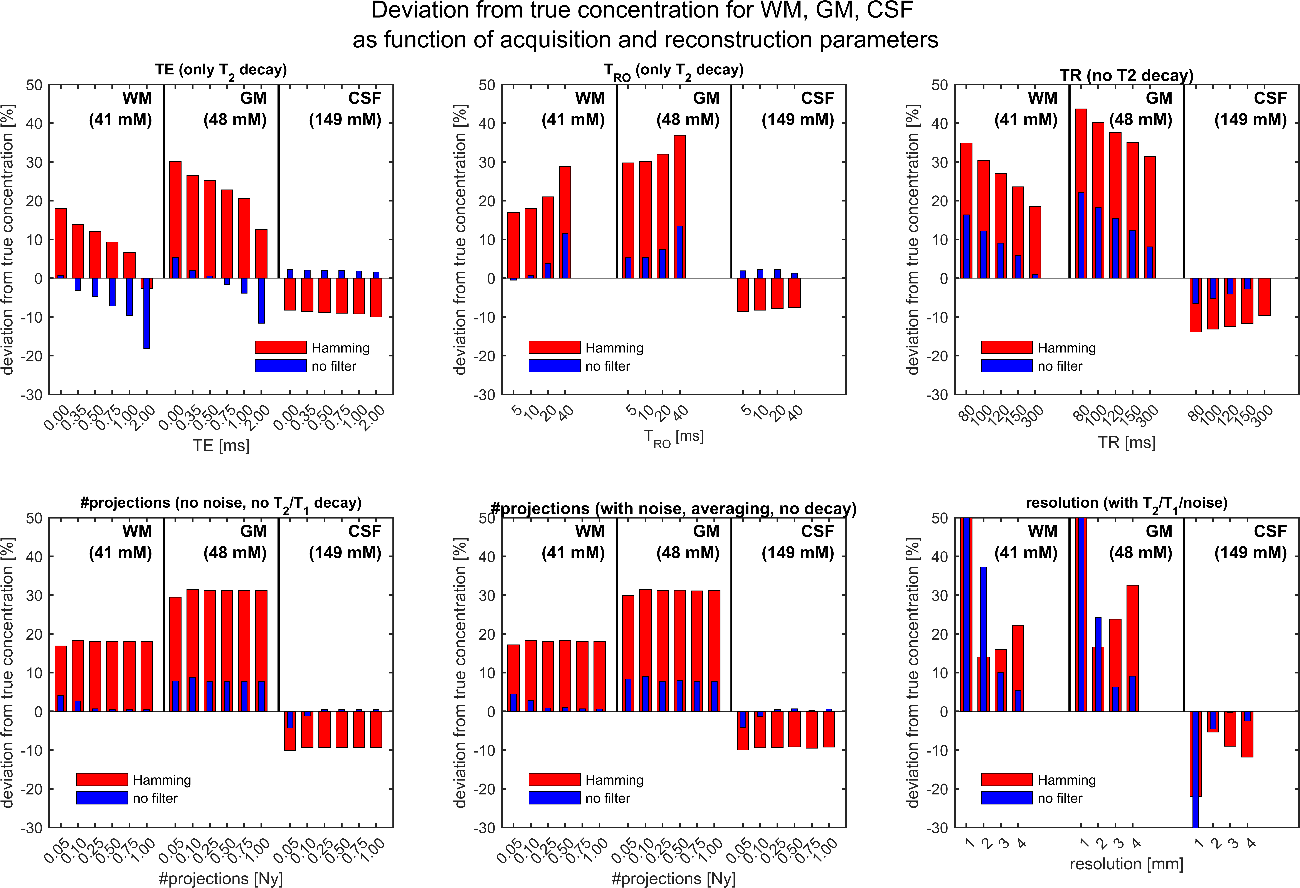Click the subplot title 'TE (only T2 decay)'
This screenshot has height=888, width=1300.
tap(221, 71)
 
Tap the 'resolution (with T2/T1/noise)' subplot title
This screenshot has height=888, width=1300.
tap(1126, 503)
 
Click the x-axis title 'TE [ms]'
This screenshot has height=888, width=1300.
tap(221, 446)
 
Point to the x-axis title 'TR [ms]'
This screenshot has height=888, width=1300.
tap(1126, 443)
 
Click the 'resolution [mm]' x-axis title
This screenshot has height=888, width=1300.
tap(1126, 864)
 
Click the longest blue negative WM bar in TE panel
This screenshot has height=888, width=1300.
tap(146, 313)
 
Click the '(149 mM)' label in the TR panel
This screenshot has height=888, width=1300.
tap(1250, 120)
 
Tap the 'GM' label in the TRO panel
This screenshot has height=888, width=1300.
tap(706, 98)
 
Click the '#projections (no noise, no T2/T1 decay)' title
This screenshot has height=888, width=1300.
tap(221, 503)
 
